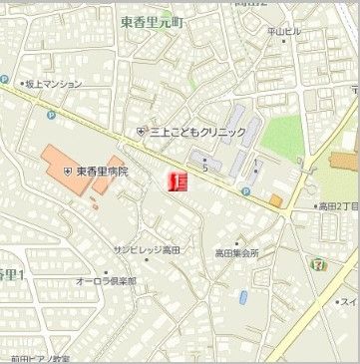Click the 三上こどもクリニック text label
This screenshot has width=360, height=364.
tap(197, 132)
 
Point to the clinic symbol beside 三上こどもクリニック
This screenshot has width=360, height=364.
tap(142, 132)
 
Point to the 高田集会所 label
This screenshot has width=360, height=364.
tap(237, 253)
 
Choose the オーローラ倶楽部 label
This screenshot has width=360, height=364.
tap(107, 281)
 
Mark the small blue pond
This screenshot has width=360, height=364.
tap(243, 297)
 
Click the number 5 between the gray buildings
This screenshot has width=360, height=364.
tap(204, 168)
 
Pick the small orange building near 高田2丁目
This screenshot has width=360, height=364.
tap(275, 200)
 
